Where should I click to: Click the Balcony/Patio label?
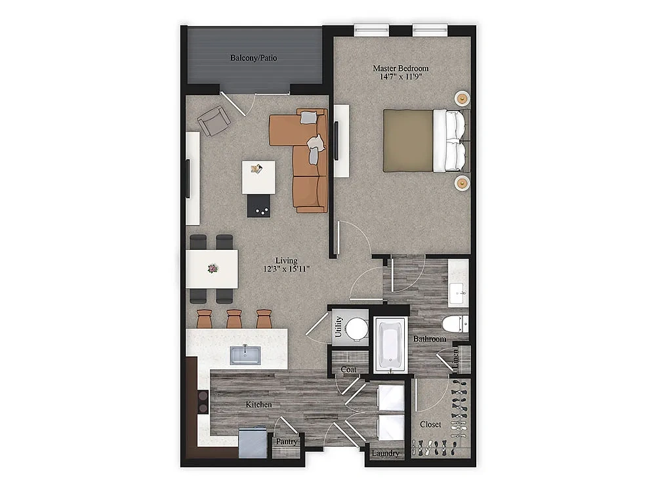pos(253,58)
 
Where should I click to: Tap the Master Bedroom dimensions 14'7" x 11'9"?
pos(400,77)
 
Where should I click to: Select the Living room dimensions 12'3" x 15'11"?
pos(287,268)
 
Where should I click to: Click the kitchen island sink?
pos(245,355)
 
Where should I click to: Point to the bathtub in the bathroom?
pos(390,344)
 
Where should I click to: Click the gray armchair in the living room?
pos(214,121)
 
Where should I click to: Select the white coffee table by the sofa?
pos(258,177)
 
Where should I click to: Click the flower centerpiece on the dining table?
pos(213,268)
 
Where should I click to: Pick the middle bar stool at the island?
pos(234,319)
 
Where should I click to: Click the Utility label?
pos(338,327)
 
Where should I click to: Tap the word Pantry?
pos(287,441)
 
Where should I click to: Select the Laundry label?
pos(385,453)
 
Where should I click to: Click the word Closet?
pos(430,424)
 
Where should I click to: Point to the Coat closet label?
pos(348,369)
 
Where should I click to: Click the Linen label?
pos(456,359)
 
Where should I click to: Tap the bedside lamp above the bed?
pos(462,98)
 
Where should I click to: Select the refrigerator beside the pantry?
pos(253,442)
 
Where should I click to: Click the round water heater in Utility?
pos(357,327)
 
